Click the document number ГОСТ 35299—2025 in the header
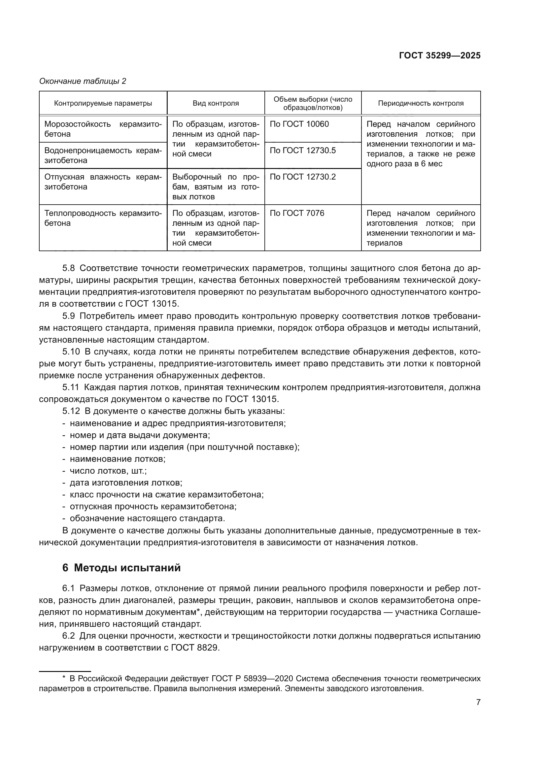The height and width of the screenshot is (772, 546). [439, 56]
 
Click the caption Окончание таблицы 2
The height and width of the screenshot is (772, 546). [83, 81]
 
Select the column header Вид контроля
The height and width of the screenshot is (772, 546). [216, 103]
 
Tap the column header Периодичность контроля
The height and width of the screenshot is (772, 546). [421, 103]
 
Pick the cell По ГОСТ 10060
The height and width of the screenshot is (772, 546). [299, 124]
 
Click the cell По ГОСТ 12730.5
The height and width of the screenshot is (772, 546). [303, 150]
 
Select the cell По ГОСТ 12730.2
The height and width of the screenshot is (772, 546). [303, 177]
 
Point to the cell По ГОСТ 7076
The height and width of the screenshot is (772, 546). [297, 213]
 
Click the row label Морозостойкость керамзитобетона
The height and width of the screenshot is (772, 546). [103, 129]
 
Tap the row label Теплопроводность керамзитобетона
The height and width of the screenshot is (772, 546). [103, 218]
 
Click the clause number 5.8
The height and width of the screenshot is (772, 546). [69, 268]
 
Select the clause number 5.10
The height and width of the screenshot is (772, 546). [71, 352]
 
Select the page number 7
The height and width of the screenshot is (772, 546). [478, 702]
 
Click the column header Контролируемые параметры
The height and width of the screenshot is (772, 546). [103, 103]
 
